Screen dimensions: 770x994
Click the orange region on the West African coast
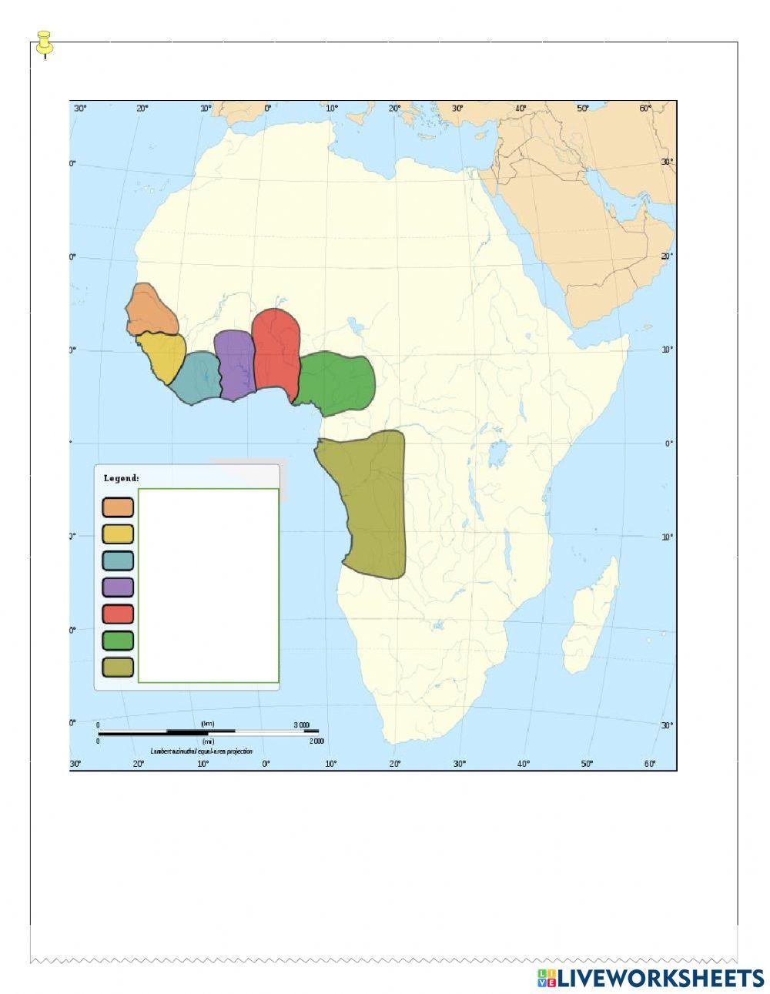pyautogui.click(x=150, y=310)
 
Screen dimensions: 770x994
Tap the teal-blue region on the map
pyautogui.click(x=196, y=377)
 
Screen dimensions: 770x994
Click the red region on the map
pyautogui.click(x=275, y=349)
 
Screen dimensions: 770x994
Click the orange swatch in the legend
pyautogui.click(x=118, y=507)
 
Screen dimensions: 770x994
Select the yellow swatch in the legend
pyautogui.click(x=118, y=534)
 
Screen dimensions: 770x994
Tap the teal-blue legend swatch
pyautogui.click(x=118, y=561)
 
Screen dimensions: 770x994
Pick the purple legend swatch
pyautogui.click(x=118, y=587)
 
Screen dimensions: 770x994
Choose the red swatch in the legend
pyautogui.click(x=118, y=614)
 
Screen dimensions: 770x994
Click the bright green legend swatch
pyautogui.click(x=118, y=641)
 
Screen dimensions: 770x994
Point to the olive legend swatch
pyautogui.click(x=118, y=667)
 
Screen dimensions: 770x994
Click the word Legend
pyautogui.click(x=121, y=478)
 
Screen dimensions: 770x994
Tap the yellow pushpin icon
pyautogui.click(x=45, y=42)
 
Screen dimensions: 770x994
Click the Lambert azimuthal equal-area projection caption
pyautogui.click(x=202, y=751)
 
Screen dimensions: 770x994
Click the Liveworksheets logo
pyautogui.click(x=650, y=978)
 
